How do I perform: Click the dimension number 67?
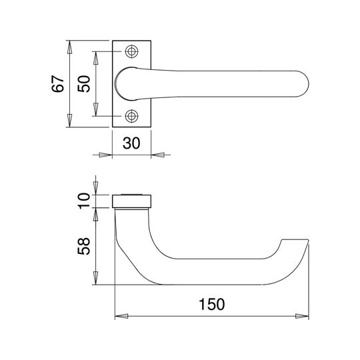point(57,83)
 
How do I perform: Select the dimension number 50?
point(83,83)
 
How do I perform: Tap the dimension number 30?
point(131,143)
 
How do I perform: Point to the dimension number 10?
point(84,201)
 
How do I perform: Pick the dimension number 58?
point(83,246)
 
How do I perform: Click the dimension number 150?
point(212,304)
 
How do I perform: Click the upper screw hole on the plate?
point(131,51)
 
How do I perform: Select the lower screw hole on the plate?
point(131,116)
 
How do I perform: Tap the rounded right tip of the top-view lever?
point(307,84)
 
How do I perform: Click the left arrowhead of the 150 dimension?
point(121,316)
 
